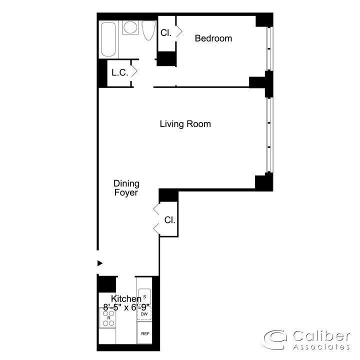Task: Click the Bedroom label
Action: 213,38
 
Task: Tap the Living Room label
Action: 185,124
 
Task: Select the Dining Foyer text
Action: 126,188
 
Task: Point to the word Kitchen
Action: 126,298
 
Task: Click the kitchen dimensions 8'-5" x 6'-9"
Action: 126,307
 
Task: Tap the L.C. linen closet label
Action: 119,72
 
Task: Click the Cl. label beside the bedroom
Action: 166,33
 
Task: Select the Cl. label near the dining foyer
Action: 169,220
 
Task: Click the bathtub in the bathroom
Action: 108,39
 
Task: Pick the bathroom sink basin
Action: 130,27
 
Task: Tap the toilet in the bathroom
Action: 148,30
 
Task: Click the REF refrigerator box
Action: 144,332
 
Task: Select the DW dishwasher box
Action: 144,313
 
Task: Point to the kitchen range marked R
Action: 108,318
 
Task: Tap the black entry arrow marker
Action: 100,263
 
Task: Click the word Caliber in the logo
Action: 321,336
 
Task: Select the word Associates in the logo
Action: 321,346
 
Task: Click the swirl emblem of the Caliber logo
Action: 275,339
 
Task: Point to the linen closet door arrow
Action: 135,71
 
